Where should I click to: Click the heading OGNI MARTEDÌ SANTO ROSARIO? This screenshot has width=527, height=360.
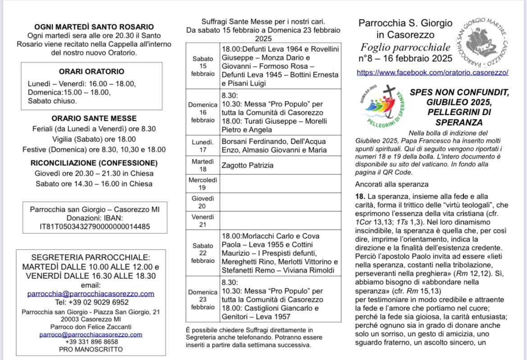94,27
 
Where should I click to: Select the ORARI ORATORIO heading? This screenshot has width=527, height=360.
91,71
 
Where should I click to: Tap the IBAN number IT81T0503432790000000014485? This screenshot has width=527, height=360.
95,227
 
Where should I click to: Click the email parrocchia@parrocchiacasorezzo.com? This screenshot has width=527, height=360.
91,293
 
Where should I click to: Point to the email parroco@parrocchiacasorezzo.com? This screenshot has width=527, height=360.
91,334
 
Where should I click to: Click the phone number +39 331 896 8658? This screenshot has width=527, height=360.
91,342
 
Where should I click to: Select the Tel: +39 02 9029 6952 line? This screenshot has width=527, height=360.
91,302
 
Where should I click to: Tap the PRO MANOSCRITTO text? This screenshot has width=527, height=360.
91,349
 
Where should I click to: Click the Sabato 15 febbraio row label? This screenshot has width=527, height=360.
203,66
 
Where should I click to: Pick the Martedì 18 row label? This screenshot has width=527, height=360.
203,165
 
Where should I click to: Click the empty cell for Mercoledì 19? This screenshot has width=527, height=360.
280,184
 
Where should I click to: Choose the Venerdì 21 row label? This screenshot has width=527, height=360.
203,220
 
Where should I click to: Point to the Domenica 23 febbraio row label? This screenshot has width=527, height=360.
203,300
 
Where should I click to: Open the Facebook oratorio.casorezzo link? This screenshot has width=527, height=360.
432,72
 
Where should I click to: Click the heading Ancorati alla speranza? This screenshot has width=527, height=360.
392,184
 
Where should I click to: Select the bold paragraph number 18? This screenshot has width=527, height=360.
359,196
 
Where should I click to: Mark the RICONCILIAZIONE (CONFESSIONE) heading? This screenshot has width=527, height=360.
94,163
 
